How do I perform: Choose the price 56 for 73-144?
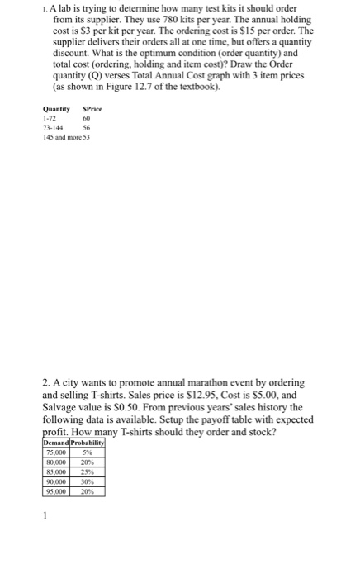[x=86, y=130]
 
